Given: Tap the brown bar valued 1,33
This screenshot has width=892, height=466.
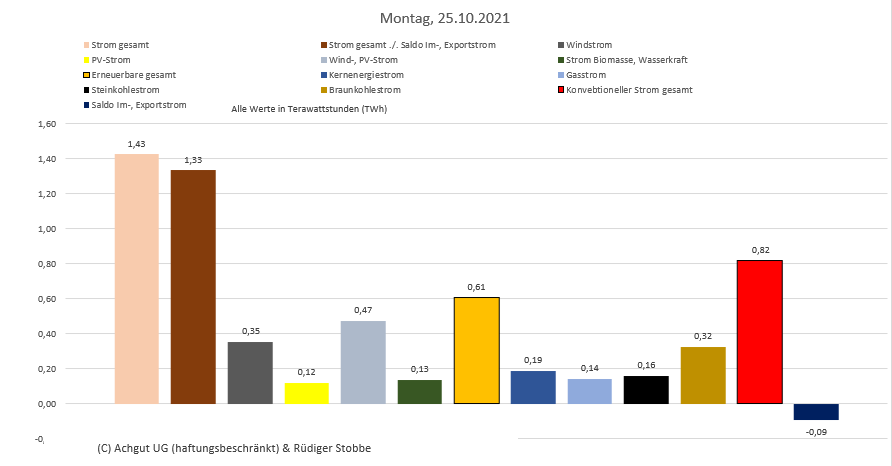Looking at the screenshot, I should point(193,286).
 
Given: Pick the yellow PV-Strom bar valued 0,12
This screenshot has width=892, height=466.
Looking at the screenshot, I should point(306,393).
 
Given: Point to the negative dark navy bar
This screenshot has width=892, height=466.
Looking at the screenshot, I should point(816,411).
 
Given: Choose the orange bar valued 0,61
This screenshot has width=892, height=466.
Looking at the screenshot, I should point(476,350).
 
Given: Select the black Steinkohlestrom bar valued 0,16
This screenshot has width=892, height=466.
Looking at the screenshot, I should point(646,389).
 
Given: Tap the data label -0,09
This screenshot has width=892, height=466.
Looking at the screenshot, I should point(816,432).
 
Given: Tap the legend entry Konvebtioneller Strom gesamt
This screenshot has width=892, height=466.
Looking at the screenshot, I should point(629,90).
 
